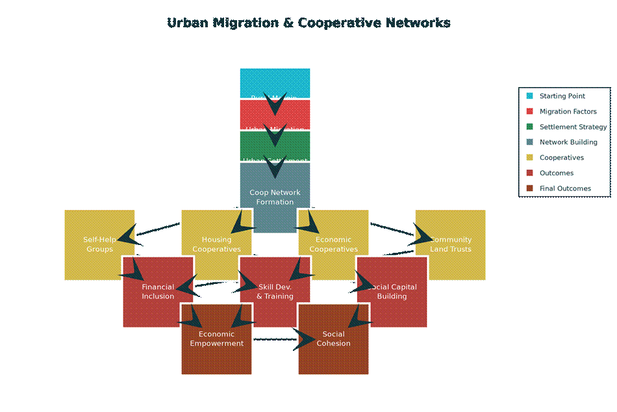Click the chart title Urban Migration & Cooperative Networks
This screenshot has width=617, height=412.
click(308, 23)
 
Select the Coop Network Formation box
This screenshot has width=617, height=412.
click(275, 197)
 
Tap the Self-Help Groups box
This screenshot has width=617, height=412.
click(99, 244)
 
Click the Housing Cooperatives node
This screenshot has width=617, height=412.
click(216, 244)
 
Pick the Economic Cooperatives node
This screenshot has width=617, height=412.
click(333, 244)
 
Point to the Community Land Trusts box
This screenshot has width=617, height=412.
click(451, 244)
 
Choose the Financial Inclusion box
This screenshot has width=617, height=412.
click(158, 292)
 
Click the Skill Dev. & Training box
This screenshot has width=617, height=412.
click(275, 292)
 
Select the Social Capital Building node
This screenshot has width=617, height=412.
click(392, 292)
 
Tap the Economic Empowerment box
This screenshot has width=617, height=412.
click(216, 339)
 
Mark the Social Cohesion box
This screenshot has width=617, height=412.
click(333, 339)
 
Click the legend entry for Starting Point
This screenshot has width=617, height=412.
click(562, 96)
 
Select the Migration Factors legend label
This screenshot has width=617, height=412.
click(568, 112)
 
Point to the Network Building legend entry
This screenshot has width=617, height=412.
click(568, 142)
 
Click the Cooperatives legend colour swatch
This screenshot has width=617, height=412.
click(530, 158)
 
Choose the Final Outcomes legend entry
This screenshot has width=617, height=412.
click(565, 188)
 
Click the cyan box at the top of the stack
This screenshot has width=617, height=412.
click(275, 83)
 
